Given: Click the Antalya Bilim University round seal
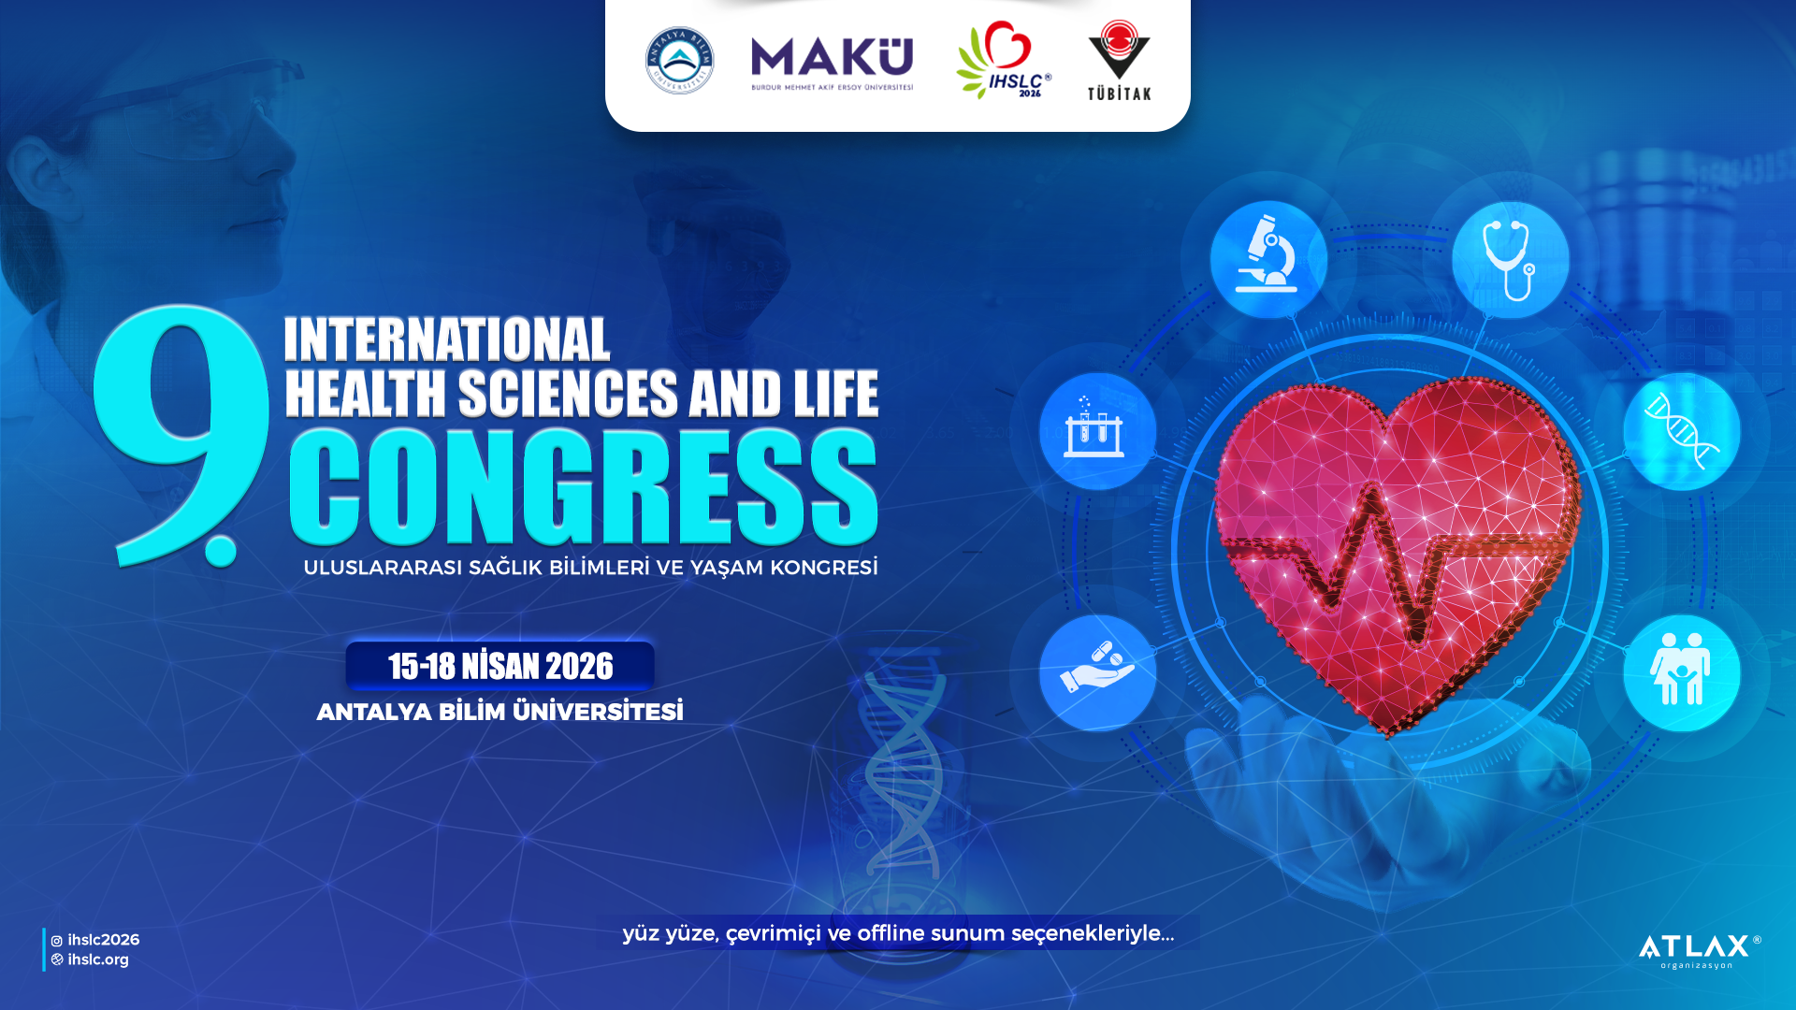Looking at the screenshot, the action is click(x=679, y=61).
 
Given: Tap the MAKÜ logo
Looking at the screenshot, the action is click(x=832, y=64).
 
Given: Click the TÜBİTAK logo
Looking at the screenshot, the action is click(x=1119, y=60).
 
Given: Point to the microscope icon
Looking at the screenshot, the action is click(x=1268, y=259).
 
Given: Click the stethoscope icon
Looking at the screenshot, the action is click(x=1510, y=259).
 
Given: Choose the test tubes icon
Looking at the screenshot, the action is click(x=1097, y=431).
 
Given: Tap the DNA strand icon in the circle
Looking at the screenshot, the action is click(x=1681, y=431).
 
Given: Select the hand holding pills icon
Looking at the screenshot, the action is click(x=1097, y=672).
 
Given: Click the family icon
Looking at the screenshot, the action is click(x=1681, y=672).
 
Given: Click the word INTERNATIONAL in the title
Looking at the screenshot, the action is click(x=447, y=339).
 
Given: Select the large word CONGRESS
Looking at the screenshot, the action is click(x=584, y=486).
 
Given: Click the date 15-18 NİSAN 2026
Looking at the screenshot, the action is click(x=500, y=666).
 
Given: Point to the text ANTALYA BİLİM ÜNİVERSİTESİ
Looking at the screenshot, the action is click(x=500, y=712).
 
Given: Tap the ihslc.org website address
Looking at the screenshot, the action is click(x=91, y=959).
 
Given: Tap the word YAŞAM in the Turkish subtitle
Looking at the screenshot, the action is click(x=727, y=568).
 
